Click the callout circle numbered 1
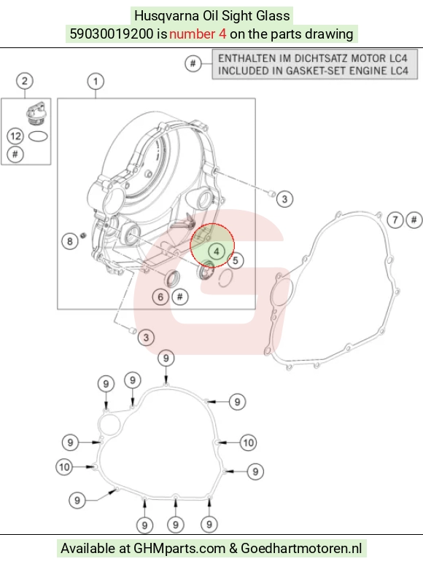[96, 82]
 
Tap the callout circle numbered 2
[25, 81]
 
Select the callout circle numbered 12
[15, 136]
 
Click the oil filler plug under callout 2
[36, 114]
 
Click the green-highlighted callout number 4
[217, 251]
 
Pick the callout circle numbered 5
[236, 260]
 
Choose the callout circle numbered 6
[160, 297]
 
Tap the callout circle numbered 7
[395, 219]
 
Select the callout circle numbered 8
[70, 241]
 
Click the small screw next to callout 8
[84, 235]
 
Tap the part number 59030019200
[112, 34]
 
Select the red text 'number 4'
[198, 34]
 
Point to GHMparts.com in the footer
[179, 549]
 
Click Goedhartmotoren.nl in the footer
[301, 549]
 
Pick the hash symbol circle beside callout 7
[414, 219]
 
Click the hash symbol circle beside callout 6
[179, 297]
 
